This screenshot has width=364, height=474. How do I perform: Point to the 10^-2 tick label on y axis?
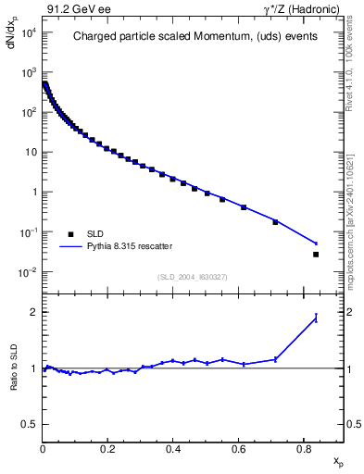(28, 272)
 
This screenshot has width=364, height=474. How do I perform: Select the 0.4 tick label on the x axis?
(173, 451)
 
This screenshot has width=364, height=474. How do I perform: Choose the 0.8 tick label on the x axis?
(303, 451)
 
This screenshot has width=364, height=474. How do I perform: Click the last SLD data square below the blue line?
(316, 255)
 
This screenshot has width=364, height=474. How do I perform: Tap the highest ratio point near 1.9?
(316, 318)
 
